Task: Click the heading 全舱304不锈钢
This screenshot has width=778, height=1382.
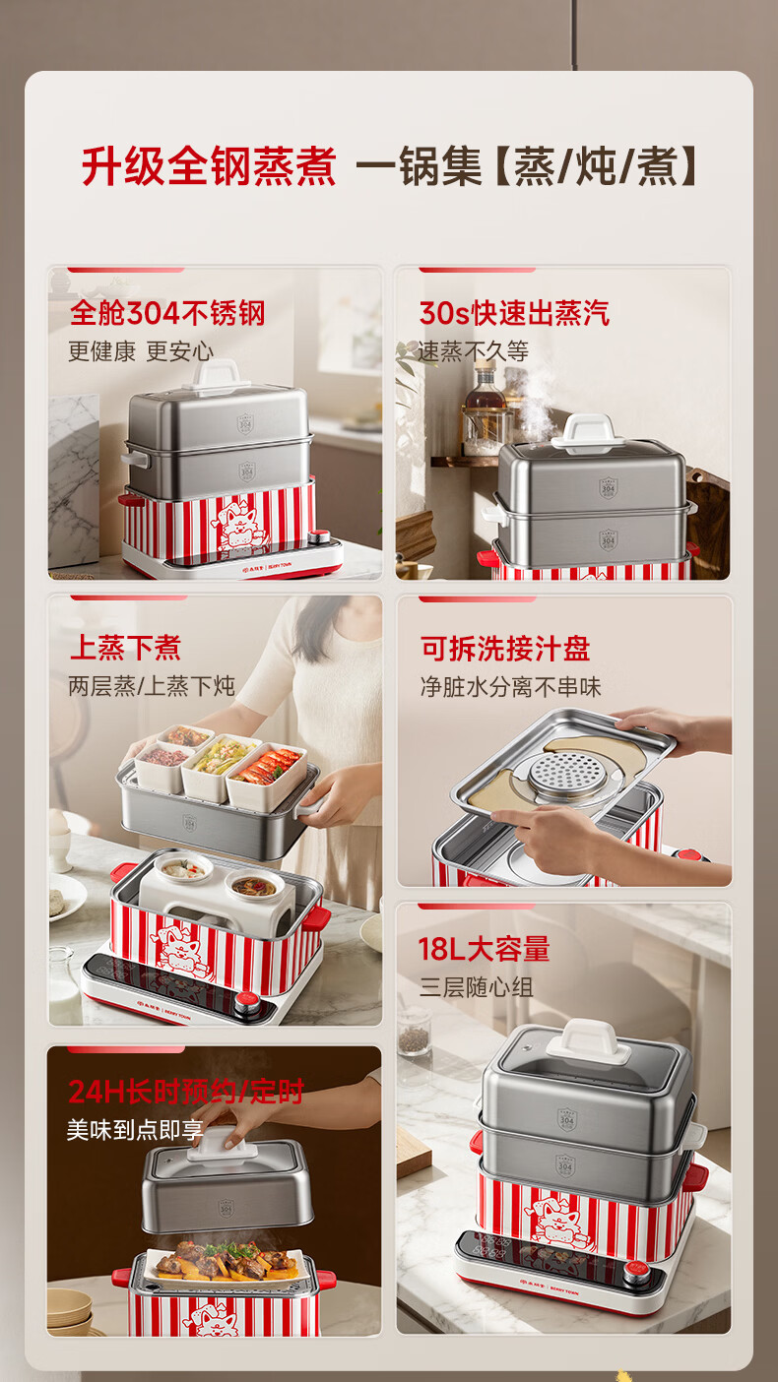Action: [167, 313]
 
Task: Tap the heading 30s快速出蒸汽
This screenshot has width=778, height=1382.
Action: [514, 313]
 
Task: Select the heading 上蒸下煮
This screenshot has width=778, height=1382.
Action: [125, 648]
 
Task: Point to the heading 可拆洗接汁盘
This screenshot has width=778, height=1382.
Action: [505, 649]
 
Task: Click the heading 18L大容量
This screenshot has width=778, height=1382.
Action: [484, 949]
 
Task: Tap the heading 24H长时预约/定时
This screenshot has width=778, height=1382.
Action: [186, 1092]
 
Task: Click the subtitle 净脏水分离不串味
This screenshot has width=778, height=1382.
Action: [510, 687]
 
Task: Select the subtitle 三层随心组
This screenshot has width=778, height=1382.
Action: [476, 987]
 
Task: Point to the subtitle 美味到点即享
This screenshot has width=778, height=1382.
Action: [135, 1130]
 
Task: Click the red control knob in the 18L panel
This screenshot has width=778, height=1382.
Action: [636, 1271]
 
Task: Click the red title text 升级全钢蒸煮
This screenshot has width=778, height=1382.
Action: [209, 166]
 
